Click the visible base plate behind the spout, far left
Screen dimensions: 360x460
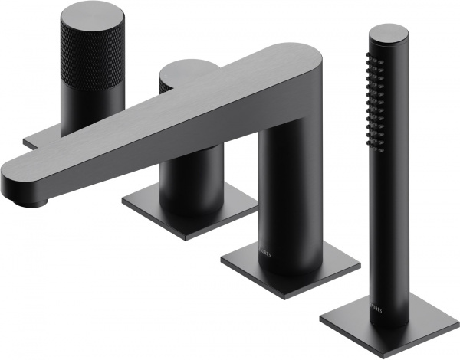(34, 141)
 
